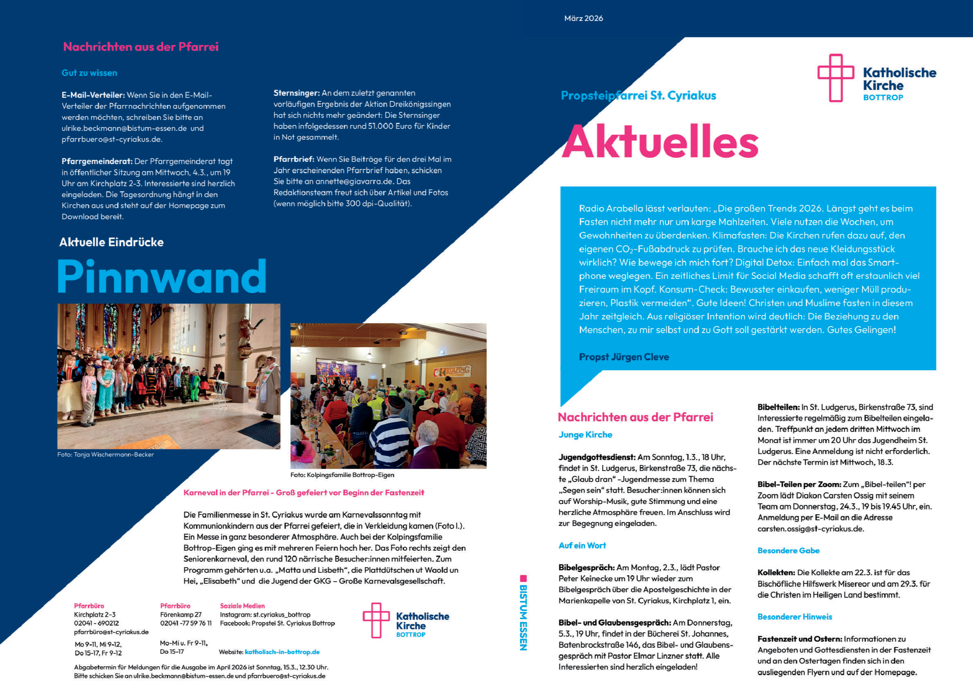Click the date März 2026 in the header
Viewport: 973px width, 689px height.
(583, 18)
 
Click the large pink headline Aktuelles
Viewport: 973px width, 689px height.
(660, 142)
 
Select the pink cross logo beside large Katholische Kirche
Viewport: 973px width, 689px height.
(835, 78)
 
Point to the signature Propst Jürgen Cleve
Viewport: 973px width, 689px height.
(624, 357)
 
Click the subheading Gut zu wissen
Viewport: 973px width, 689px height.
(89, 73)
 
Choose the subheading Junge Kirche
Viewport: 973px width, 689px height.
(585, 435)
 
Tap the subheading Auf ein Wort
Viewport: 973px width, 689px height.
(582, 546)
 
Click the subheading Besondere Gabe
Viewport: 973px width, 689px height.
(788, 551)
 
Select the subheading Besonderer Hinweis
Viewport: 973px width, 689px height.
(794, 617)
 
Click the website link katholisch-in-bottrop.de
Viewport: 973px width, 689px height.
(282, 652)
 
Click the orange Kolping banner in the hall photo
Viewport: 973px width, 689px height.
(452, 371)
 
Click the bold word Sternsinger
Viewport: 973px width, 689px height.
(296, 93)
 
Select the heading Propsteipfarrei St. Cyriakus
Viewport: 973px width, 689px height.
(638, 95)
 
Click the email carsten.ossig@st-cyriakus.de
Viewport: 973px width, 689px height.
(810, 529)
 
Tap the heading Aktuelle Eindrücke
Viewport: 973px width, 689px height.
(111, 242)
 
